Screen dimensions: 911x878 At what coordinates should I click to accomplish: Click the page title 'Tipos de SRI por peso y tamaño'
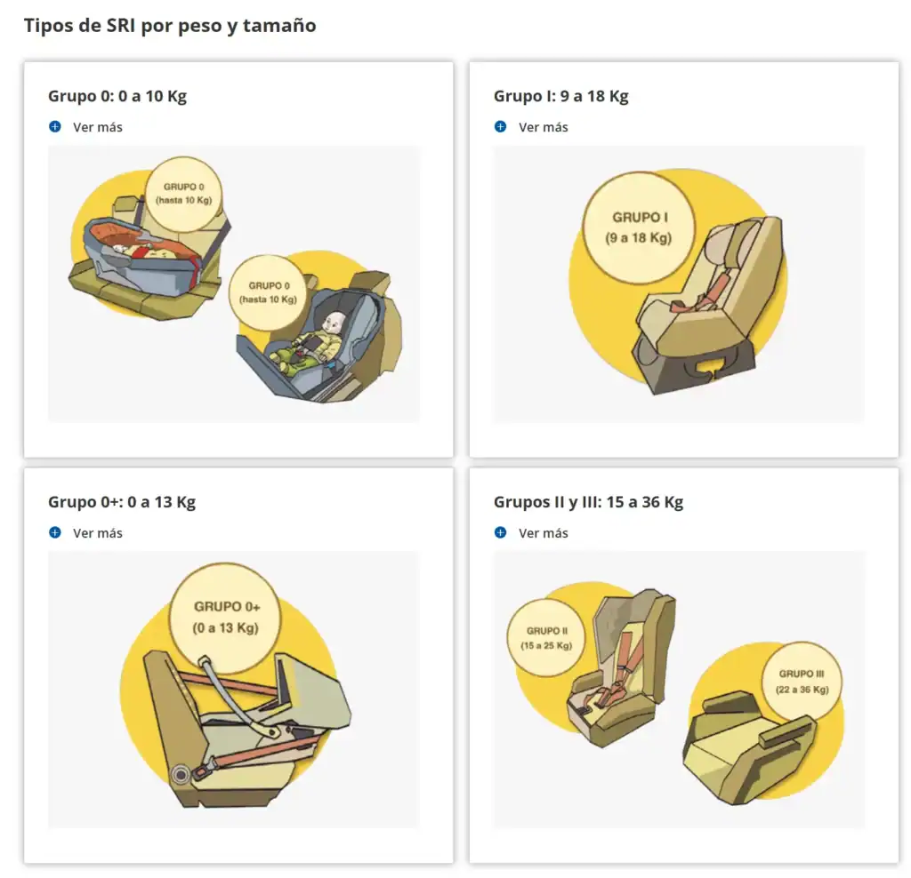coord(170,26)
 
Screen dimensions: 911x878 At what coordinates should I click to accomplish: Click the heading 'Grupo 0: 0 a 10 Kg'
coord(117,96)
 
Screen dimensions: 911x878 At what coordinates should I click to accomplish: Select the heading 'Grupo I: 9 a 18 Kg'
coord(560,96)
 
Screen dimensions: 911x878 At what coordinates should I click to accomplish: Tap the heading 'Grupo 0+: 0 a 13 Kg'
coord(121,502)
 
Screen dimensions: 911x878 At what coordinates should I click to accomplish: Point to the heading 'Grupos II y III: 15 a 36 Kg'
coord(588,502)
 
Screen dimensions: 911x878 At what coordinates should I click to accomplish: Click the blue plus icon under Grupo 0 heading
coord(55,126)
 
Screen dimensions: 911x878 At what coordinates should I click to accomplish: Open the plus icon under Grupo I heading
coord(500,126)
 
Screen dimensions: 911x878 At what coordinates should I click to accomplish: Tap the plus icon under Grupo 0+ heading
coord(55,532)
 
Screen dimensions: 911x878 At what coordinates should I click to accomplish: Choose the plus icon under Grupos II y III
coord(500,532)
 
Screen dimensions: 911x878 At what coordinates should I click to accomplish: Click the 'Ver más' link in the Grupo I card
coord(544,127)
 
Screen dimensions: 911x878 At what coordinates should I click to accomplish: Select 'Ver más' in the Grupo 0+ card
coord(98,532)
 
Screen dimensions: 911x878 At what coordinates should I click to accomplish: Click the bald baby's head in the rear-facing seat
coord(335,323)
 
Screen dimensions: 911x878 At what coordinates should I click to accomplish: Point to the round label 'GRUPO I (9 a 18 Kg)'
coord(639,227)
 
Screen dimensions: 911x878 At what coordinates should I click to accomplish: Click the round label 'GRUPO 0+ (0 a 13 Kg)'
coord(225,618)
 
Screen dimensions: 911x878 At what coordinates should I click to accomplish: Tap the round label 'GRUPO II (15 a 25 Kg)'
coord(546,638)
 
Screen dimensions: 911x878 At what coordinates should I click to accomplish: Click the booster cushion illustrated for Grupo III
coord(749,748)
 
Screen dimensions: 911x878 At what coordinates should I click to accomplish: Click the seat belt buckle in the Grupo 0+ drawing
coord(203,770)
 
